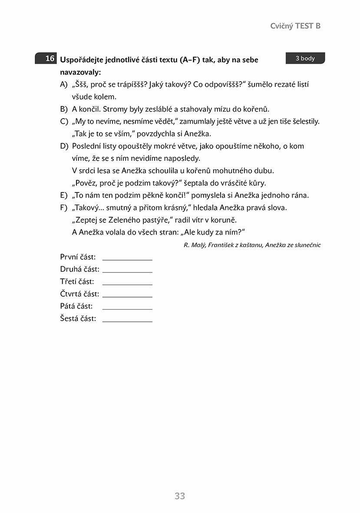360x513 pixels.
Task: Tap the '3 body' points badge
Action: [305, 59]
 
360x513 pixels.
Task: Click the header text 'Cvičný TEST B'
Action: [295, 26]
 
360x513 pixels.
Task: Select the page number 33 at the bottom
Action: [180, 496]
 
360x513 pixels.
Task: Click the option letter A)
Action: [64, 85]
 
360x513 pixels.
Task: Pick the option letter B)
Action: [64, 109]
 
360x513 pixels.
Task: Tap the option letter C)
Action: [64, 122]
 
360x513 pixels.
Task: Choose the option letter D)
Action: [64, 146]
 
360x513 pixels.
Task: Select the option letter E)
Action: [64, 195]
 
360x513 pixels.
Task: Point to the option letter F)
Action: [64, 208]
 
